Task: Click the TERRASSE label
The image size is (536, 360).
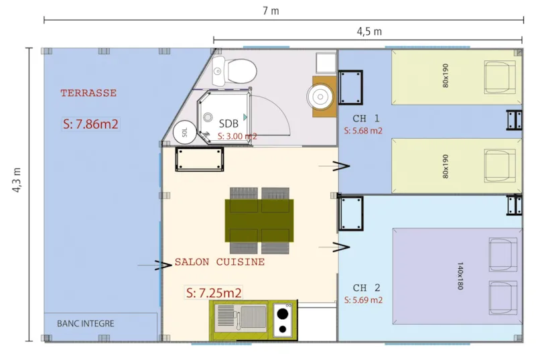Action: tap(88, 93)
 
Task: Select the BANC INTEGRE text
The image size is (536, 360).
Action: tap(86, 324)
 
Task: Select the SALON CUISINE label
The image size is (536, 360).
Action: tap(220, 262)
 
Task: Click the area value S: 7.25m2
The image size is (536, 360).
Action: tap(214, 292)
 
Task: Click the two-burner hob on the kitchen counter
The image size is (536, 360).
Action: tap(283, 320)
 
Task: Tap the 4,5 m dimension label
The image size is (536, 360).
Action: tap(368, 32)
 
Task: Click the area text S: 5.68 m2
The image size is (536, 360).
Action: tap(362, 131)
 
